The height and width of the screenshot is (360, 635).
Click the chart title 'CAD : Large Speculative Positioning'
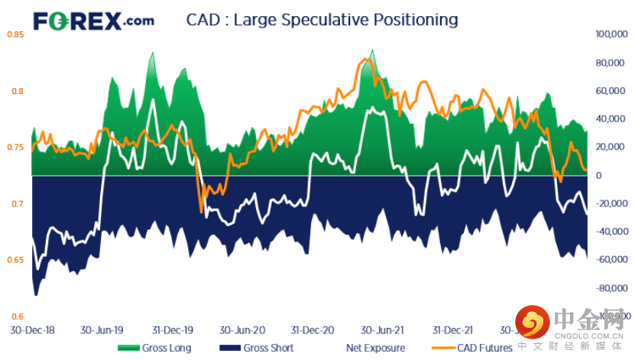[x=322, y=19]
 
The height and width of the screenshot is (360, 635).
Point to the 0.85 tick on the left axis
[x=15, y=34]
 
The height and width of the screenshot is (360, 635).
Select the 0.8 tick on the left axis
[x=17, y=91]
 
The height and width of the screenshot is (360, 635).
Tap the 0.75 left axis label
[x=15, y=148]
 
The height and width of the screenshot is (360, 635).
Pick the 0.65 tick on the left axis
[x=15, y=261]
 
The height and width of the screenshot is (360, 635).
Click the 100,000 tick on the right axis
[x=610, y=34]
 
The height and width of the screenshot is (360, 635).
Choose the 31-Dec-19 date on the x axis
[x=172, y=330]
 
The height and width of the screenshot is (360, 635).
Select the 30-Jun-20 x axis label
[x=242, y=330]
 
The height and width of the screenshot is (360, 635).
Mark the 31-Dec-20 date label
[x=313, y=330]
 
